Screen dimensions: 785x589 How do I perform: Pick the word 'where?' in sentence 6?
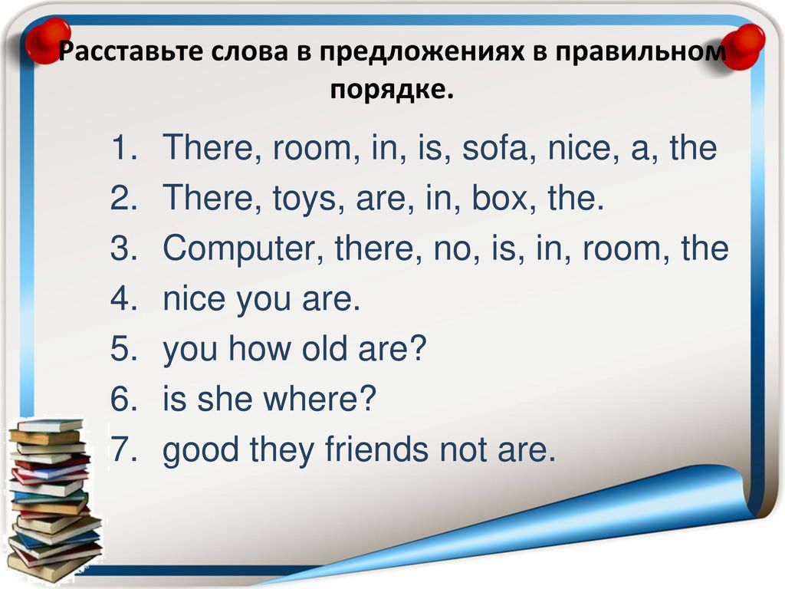coord(320,398)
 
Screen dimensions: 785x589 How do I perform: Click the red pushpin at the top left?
coord(48,41)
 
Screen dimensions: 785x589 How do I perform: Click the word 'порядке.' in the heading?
coord(392,90)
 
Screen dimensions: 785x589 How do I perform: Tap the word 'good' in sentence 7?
coord(201,449)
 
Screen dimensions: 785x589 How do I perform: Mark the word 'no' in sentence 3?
coord(452,249)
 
